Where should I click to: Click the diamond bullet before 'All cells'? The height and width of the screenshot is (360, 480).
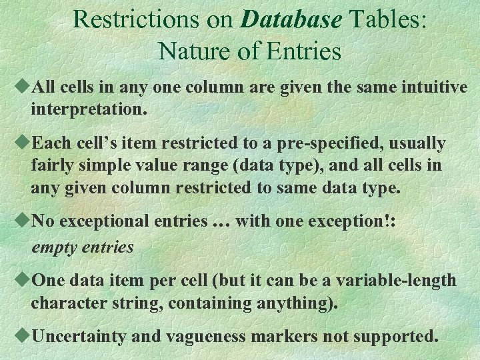[24, 87]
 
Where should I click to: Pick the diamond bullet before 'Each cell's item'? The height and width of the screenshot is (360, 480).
[24, 143]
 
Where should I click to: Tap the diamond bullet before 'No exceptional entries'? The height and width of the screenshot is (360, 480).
[24, 221]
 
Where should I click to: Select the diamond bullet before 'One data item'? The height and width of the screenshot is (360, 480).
[24, 279]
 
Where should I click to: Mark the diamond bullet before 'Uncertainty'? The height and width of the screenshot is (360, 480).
[24, 335]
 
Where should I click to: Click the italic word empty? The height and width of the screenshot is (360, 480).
[55, 247]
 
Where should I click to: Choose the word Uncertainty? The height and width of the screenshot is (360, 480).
[80, 335]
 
